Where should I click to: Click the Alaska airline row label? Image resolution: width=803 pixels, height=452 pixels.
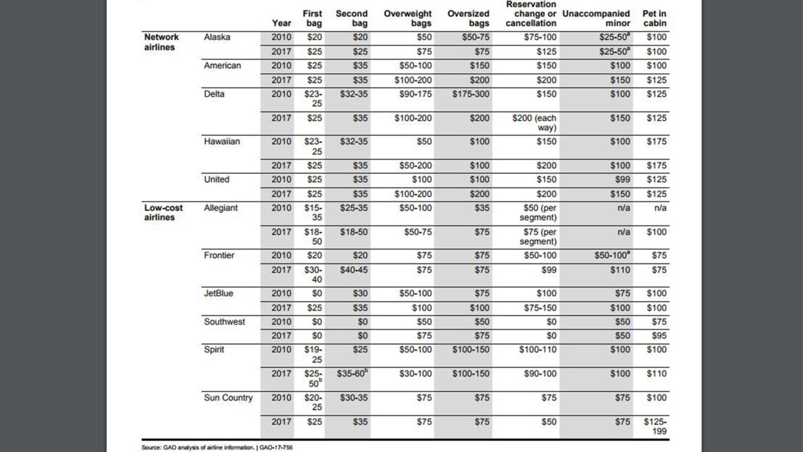(217, 37)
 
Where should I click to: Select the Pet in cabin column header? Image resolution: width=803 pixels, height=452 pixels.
(654, 18)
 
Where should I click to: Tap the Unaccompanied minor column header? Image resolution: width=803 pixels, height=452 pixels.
(596, 18)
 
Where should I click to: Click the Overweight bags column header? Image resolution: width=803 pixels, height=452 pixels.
(408, 18)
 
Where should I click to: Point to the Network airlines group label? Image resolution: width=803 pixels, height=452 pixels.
(161, 42)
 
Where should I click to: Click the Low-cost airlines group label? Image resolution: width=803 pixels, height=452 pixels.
(163, 213)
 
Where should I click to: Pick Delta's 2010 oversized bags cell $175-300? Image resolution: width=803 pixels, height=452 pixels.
(471, 94)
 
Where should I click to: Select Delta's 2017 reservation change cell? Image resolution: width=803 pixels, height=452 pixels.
(534, 123)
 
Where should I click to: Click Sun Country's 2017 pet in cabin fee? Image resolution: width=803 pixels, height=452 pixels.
(655, 426)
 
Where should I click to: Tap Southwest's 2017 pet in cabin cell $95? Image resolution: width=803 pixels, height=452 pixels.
(656, 336)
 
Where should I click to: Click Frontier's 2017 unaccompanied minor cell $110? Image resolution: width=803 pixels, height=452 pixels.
(620, 270)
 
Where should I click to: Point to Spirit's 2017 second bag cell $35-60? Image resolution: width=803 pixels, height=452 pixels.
(352, 374)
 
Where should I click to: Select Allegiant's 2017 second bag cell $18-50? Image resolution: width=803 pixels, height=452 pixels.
(354, 232)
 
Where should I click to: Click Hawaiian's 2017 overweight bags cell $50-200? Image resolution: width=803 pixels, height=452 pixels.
(415, 166)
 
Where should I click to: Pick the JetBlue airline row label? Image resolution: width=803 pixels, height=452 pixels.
(219, 294)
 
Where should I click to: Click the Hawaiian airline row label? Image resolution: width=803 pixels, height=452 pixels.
(222, 142)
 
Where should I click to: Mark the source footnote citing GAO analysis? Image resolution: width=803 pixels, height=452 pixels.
(217, 447)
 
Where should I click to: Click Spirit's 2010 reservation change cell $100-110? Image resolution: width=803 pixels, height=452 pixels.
(538, 350)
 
